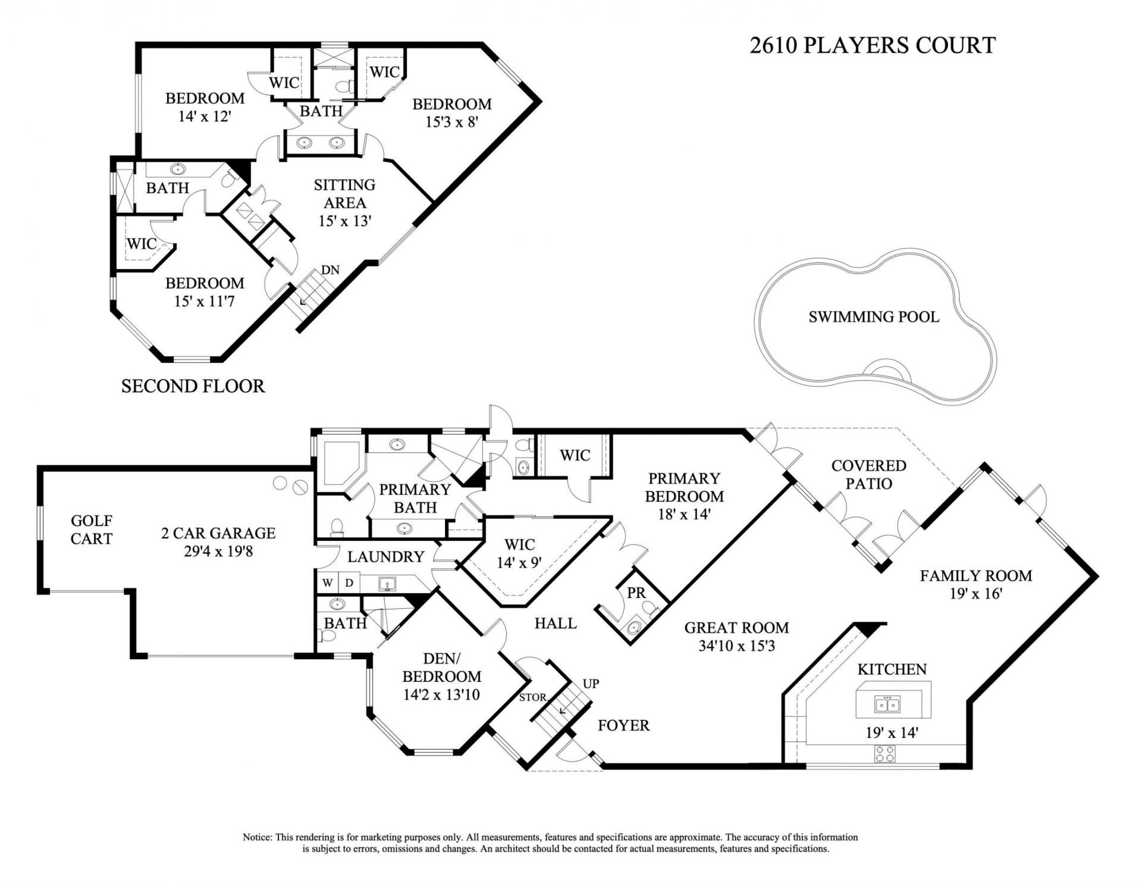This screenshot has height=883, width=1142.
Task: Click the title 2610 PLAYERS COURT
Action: [x=872, y=46]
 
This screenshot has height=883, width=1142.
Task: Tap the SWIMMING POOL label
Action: [x=873, y=317]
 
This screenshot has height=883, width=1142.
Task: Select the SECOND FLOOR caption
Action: [x=193, y=386]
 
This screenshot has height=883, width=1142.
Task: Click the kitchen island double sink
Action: [x=887, y=705]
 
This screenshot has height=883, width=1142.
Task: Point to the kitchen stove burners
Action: [x=885, y=754]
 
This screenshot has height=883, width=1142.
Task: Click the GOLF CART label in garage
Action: [x=91, y=530]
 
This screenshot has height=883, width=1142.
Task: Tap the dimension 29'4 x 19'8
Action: [x=218, y=552]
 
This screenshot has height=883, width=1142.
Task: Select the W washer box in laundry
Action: [x=327, y=583]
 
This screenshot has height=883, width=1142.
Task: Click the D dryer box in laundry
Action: [x=349, y=583]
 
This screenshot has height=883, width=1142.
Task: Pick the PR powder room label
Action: [x=636, y=593]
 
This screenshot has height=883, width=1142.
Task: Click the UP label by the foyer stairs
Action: [x=590, y=684]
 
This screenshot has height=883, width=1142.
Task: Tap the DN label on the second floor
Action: [x=330, y=270]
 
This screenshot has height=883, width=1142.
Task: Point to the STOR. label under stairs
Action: [x=532, y=697]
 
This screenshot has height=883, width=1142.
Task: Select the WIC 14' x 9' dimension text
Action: [x=519, y=562]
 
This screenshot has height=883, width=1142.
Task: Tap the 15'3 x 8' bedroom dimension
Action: [x=452, y=122]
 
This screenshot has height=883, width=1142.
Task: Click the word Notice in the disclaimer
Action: [x=257, y=837]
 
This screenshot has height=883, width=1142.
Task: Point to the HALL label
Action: [x=555, y=623]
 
